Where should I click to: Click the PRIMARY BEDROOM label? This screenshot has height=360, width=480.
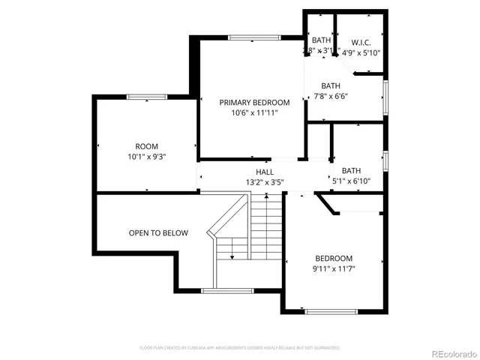click(x=254, y=102)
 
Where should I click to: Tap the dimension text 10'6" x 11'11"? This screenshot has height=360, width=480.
click(x=254, y=113)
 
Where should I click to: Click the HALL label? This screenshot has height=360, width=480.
click(x=264, y=172)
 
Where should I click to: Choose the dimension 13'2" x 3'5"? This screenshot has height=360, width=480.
click(x=264, y=181)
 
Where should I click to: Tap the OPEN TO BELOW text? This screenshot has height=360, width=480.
click(x=158, y=233)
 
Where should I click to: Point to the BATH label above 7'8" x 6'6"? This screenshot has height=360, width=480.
click(x=331, y=85)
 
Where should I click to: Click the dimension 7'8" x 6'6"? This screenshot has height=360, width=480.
click(x=331, y=96)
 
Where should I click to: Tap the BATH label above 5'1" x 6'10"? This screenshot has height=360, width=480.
click(x=351, y=170)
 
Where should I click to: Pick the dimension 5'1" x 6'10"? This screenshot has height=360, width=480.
click(x=351, y=181)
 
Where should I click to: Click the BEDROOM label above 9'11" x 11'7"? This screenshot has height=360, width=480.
click(x=334, y=257)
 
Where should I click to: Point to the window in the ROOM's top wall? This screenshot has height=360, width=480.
click(x=146, y=97)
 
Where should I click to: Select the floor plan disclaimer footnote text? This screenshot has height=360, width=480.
click(x=240, y=348)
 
